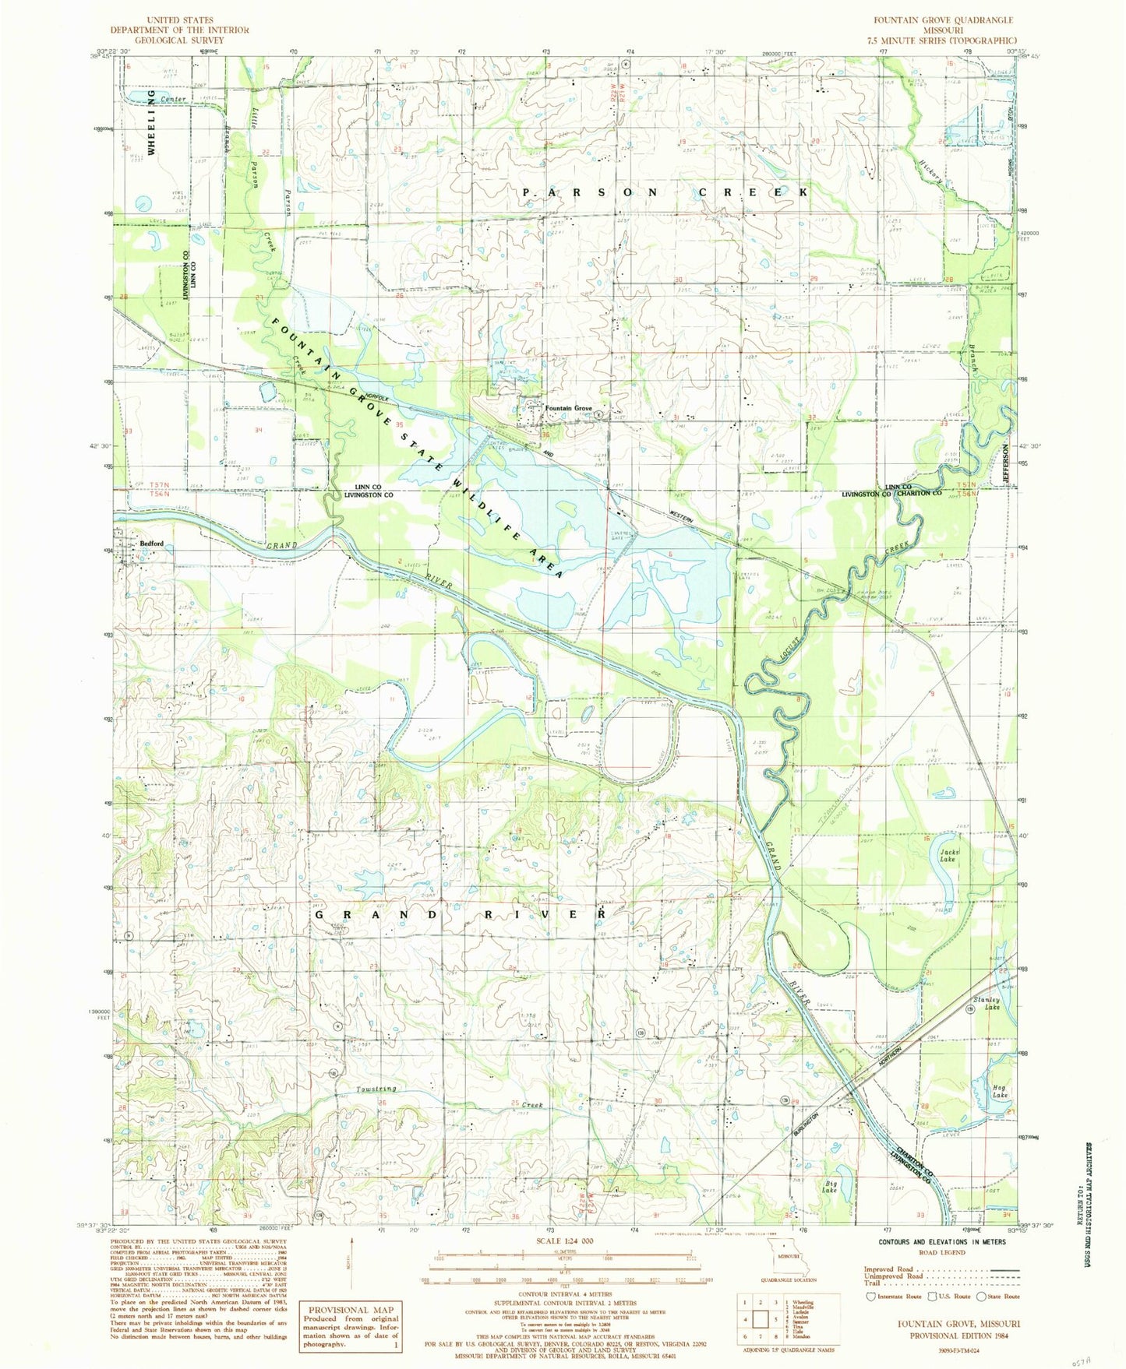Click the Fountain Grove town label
point(569,409)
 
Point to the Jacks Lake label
point(948,856)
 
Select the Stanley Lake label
point(987,1004)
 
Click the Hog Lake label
point(1000,1091)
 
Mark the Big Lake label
point(829,1188)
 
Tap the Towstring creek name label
point(377,1089)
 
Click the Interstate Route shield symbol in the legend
point(870,1297)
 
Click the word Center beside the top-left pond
point(173,100)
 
